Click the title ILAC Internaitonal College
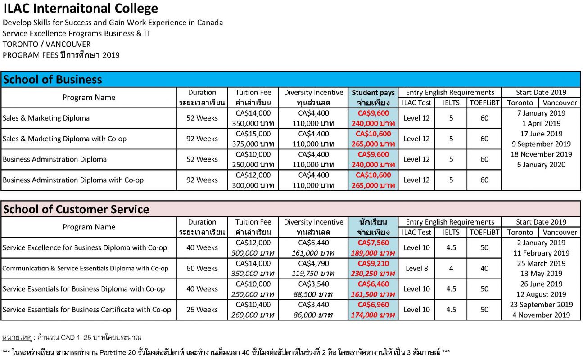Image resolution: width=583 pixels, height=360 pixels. [x=81, y=9]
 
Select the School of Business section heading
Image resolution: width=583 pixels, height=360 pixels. [x=53, y=80]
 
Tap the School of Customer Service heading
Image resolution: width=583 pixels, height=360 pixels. [x=76, y=209]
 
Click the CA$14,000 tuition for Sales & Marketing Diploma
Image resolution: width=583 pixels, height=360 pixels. [x=253, y=113]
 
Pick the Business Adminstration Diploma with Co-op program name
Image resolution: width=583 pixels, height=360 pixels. [x=73, y=180]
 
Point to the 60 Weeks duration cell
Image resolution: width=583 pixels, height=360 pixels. [x=202, y=268]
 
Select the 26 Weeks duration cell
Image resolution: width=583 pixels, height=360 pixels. [x=202, y=310]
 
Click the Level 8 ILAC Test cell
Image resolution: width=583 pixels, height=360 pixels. [x=417, y=268]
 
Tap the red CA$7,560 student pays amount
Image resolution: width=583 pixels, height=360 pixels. [x=373, y=243]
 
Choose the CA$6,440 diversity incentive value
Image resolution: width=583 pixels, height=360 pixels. [x=314, y=243]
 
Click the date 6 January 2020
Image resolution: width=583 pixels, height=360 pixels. [x=541, y=165]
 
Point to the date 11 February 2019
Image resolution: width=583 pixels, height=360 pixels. [x=541, y=253]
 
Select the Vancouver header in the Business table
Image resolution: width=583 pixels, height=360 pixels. [x=560, y=103]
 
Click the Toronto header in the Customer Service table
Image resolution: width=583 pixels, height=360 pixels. [x=520, y=232]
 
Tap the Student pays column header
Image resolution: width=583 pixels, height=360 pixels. [x=373, y=93]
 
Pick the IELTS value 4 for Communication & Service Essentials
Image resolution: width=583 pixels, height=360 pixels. [x=451, y=268]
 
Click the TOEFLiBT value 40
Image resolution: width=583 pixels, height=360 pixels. [x=484, y=268]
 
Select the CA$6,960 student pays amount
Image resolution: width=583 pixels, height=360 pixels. [x=373, y=305]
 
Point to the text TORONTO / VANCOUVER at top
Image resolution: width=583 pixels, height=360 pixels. [x=46, y=44]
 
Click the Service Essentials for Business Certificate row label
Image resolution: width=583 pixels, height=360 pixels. [x=87, y=310]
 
